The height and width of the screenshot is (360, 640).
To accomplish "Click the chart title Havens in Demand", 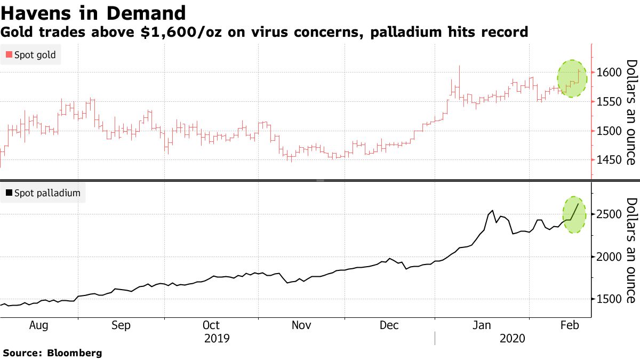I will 93,13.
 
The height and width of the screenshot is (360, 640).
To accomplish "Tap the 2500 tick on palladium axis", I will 608,214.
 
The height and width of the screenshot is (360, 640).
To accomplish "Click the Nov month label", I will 301,325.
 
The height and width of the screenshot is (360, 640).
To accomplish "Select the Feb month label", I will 570,325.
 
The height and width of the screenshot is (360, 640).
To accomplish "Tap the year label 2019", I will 217,338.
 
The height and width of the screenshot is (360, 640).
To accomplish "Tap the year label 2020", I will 511,338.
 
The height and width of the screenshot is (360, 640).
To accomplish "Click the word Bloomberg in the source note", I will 75,353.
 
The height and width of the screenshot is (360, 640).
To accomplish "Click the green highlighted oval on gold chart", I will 572,78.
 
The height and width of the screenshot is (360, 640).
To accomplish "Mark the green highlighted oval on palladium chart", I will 574,214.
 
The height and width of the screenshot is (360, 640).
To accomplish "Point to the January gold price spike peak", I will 459,66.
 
